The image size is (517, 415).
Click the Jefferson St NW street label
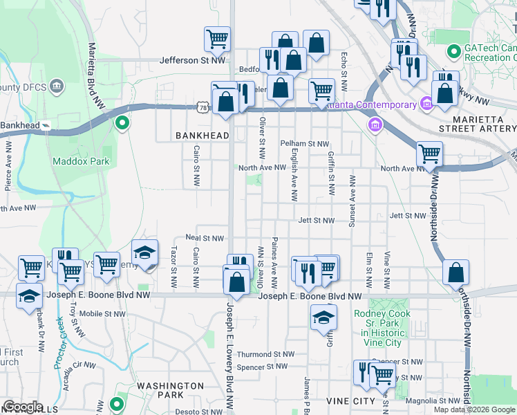(193, 60)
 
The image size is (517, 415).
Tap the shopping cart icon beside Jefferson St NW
(217, 39)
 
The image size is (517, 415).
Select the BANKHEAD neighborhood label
(201, 136)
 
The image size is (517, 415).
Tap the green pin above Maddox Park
(122, 124)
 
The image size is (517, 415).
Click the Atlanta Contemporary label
(369, 105)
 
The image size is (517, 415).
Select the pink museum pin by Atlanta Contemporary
(426, 105)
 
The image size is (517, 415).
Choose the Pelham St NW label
(304, 144)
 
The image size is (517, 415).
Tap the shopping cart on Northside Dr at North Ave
(429, 154)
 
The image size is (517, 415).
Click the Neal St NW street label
(205, 238)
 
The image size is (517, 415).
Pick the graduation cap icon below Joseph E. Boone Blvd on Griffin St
(322, 317)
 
